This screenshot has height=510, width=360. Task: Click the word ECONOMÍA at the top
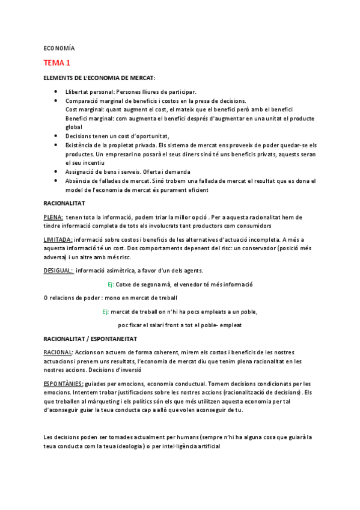click(59, 48)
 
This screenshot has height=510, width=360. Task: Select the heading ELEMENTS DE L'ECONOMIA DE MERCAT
click(100, 78)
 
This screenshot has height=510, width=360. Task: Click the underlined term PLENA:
click(53, 217)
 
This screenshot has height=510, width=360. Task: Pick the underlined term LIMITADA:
click(58, 240)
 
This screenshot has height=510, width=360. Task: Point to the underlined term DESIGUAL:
click(58, 270)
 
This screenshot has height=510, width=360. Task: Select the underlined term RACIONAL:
click(59, 352)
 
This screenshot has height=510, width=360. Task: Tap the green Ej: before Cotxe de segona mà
click(110, 284)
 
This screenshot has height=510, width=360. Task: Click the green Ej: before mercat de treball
click(105, 312)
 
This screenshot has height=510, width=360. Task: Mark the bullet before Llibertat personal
click(56, 91)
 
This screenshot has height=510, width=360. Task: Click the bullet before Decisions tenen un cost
click(56, 137)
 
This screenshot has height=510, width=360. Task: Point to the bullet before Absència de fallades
click(56, 181)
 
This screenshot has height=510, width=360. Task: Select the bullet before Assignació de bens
click(56, 171)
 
